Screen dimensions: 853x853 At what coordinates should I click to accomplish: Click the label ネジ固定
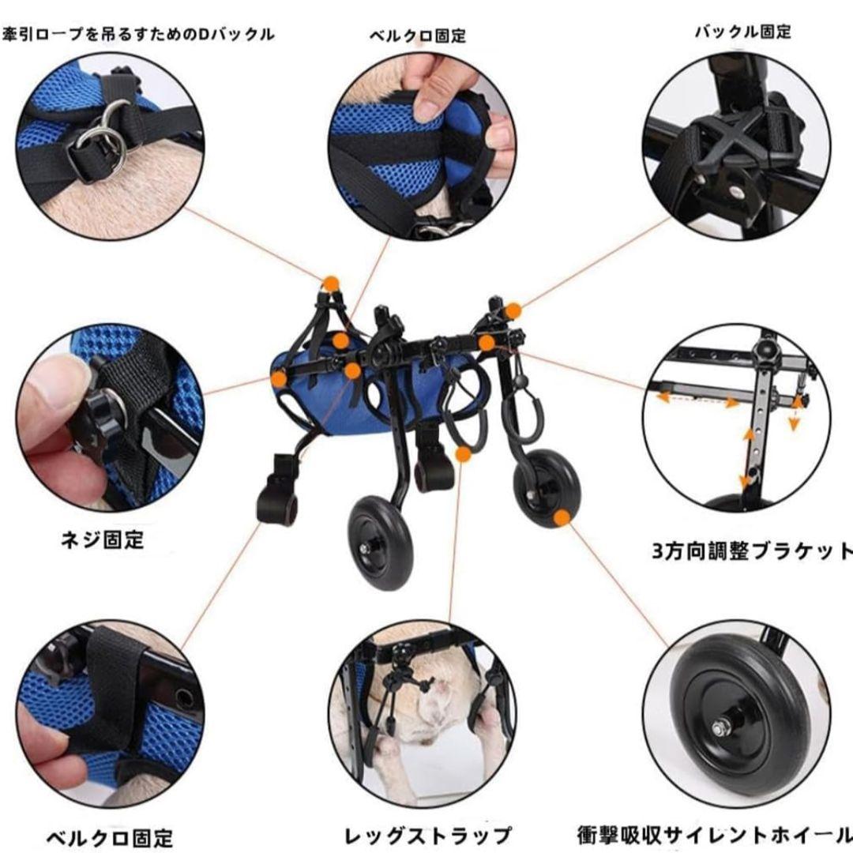tap(103, 541)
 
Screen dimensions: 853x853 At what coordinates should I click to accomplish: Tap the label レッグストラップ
tap(427, 835)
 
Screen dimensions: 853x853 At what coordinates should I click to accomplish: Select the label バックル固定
tap(742, 32)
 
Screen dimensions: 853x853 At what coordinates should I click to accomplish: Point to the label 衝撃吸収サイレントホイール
tap(714, 834)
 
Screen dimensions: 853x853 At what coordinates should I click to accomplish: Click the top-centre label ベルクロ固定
tap(418, 36)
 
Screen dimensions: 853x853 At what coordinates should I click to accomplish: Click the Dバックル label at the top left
tap(138, 34)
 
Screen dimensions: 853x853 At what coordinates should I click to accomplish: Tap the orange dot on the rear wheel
tap(562, 518)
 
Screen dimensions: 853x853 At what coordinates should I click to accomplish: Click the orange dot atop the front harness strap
tap(331, 283)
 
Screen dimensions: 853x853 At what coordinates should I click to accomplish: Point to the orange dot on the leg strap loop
tap(463, 453)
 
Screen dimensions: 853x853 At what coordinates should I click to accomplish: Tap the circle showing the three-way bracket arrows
tap(735, 418)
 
